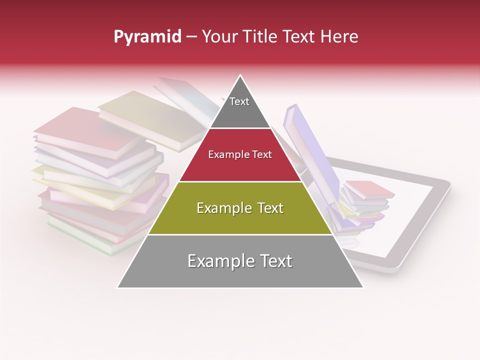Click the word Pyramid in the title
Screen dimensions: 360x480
[147, 37]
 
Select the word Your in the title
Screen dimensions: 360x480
[219, 37]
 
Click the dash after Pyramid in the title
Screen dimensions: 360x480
[191, 37]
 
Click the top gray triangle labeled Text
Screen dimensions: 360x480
[239, 107]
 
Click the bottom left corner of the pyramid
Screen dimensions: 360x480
[118, 287]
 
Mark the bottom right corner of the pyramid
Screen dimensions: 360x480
[362, 287]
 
